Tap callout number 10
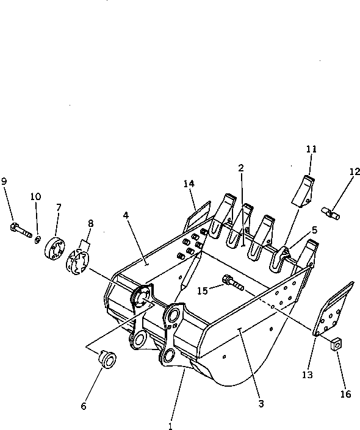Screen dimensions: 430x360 35,196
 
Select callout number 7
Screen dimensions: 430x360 59,207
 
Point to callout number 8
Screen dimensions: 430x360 91,224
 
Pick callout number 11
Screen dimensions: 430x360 311,148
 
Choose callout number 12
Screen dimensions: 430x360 355,172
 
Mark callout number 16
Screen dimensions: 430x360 345,394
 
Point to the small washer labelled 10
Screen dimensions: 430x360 38,238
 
